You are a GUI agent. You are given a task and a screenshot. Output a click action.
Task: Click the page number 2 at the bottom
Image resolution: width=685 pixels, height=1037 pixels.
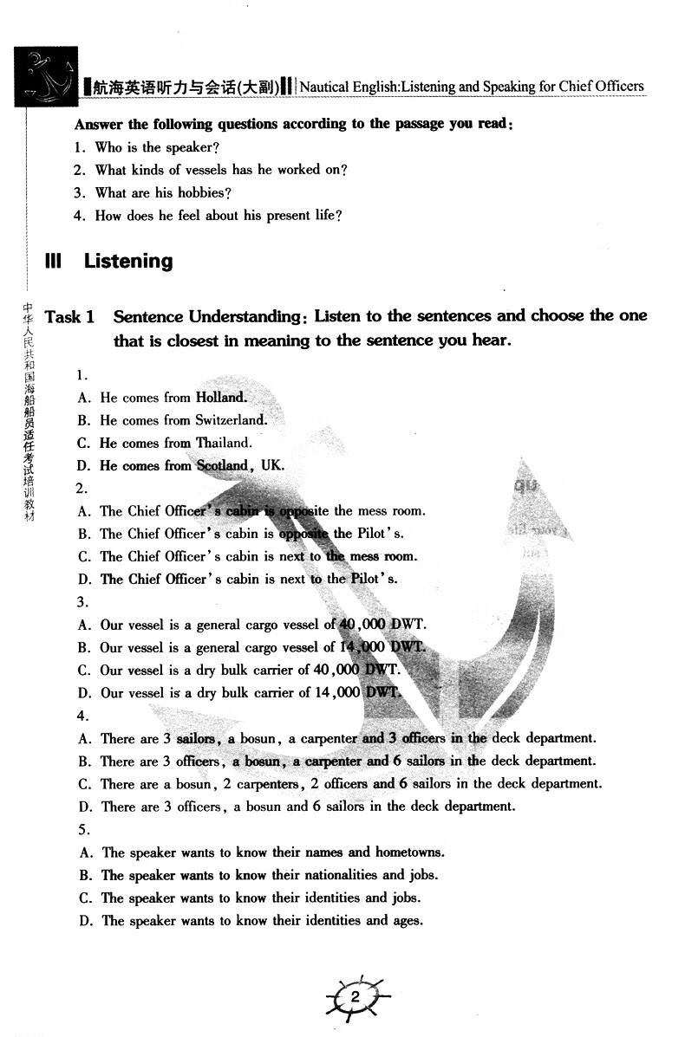355,998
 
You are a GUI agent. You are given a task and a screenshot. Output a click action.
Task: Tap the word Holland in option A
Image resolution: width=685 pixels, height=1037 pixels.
221,398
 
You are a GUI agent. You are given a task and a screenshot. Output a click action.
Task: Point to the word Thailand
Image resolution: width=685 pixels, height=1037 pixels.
224,443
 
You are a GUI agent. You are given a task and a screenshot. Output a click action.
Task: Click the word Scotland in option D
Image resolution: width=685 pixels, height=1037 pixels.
224,465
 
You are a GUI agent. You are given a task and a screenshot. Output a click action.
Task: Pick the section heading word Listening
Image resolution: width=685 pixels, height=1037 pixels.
128,261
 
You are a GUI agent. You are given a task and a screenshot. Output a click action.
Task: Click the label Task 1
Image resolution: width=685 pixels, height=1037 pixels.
69,317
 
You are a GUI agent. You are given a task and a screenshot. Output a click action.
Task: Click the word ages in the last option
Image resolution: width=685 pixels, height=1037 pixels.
407,920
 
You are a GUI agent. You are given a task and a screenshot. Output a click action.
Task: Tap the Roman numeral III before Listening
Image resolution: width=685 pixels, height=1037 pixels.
54,261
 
